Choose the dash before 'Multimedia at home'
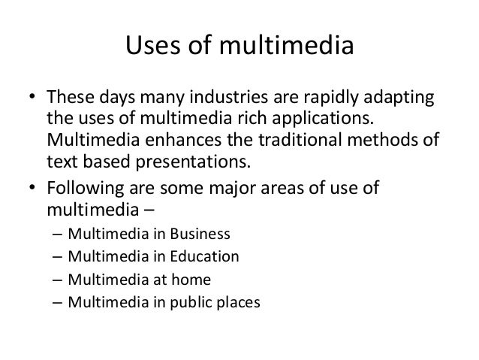coord(59,280)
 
